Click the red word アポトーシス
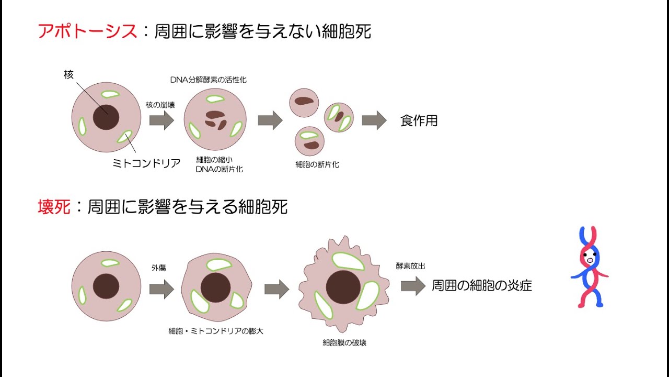[x=87, y=31]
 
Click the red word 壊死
[x=54, y=207]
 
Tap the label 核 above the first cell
[x=68, y=75]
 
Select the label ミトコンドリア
[x=146, y=163]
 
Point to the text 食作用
[x=419, y=121]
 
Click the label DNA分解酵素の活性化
[x=208, y=80]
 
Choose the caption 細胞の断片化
[x=317, y=164]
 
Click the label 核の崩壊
[x=160, y=105]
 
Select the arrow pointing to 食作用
[x=374, y=120]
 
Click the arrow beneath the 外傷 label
[x=161, y=289]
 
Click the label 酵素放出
[x=410, y=266]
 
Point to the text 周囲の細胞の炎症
[x=481, y=285]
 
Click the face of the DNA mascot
[x=589, y=258]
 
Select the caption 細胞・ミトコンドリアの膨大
[x=219, y=331]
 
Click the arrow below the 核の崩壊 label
[x=161, y=120]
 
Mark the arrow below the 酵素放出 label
[x=413, y=285]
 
